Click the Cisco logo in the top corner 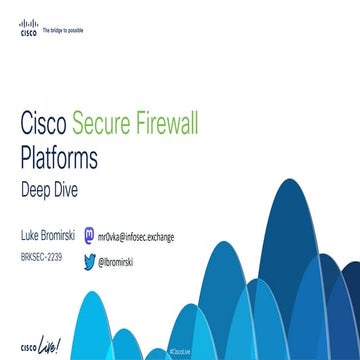(x=29, y=29)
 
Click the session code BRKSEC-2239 (x=41, y=257)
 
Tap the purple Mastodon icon (x=91, y=237)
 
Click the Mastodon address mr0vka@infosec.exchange (x=136, y=237)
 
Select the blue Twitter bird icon (x=90, y=260)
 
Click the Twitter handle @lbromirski (x=116, y=261)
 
